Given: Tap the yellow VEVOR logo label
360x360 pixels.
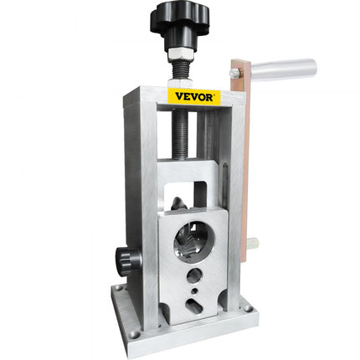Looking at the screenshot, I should point(194,95).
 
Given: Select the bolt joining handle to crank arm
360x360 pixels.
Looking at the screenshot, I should point(237,75).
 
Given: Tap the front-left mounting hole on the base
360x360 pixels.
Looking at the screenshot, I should point(135,334).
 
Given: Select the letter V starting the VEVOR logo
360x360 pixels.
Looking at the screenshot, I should point(172,97).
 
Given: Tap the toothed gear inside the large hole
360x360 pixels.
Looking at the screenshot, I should point(190,241).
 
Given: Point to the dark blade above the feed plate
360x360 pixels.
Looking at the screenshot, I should point(177,203).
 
